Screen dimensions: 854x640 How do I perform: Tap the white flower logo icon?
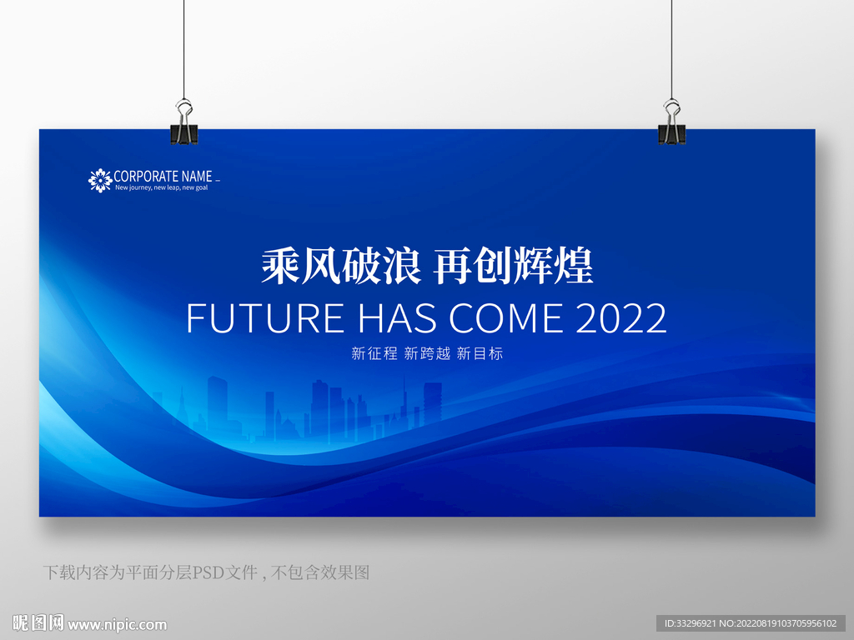point(100,180)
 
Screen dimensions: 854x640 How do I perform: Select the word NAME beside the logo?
point(197,177)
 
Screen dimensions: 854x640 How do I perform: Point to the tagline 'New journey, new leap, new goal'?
point(161,187)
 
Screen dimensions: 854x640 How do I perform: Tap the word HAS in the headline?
point(398,318)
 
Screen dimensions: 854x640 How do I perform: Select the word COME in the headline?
point(506,318)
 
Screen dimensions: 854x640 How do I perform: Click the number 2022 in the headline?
point(620,318)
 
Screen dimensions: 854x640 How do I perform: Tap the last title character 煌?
point(574,266)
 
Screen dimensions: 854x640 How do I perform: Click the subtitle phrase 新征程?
point(374,353)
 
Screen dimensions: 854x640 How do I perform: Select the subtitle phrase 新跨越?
point(428,353)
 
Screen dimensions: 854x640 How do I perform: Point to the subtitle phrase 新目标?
point(480,353)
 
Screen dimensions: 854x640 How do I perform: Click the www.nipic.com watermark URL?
point(117,625)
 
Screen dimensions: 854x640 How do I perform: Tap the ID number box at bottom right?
point(751,623)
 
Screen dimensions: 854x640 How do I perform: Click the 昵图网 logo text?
point(38,622)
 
